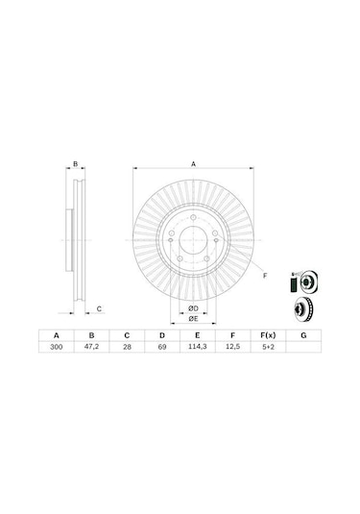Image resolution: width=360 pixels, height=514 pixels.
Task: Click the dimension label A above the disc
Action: [x=193, y=164]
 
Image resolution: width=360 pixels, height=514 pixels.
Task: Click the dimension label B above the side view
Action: [x=76, y=164]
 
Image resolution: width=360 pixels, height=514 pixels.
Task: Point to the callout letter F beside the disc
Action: [x=264, y=276]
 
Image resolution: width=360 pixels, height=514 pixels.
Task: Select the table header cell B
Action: [x=92, y=336]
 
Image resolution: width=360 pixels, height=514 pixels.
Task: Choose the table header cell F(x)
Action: [x=267, y=336]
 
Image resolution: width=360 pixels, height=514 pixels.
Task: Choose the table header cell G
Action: [x=303, y=336]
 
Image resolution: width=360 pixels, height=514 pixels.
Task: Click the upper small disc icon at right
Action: [x=304, y=282]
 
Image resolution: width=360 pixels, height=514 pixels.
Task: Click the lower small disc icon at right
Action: [x=303, y=310]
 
